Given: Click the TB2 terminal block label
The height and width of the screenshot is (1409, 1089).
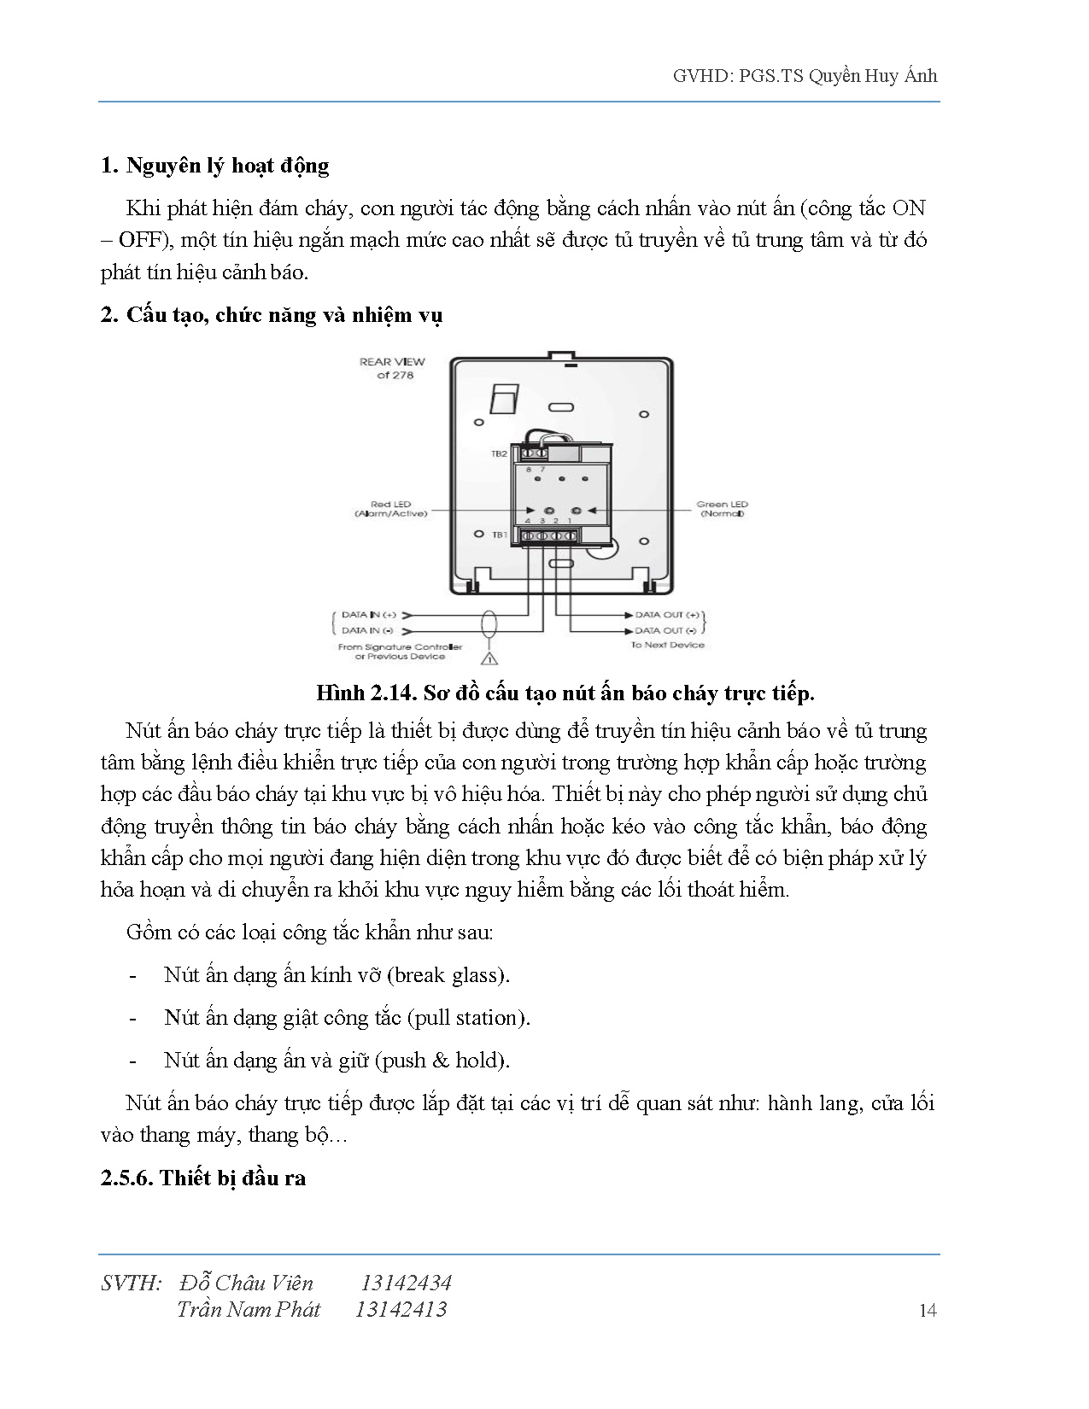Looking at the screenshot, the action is coord(499,454).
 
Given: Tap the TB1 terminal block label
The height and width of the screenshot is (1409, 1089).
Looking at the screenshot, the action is coord(500,535).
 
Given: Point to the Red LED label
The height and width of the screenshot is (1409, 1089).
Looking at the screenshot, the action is coord(390,509).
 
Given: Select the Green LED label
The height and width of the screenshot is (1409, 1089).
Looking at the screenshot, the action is coord(722,509).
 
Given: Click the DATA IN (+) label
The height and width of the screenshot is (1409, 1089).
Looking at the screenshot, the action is coord(368,615).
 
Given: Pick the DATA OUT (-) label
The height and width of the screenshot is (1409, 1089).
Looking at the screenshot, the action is coord(665,630).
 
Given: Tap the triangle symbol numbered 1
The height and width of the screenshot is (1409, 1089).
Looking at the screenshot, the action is coord(489,658).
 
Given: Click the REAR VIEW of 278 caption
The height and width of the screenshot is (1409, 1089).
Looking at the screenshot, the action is coord(392,368).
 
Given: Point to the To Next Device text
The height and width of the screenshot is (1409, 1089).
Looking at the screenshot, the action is coord(667,646).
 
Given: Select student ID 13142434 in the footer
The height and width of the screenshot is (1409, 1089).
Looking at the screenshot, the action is coord(406,1283).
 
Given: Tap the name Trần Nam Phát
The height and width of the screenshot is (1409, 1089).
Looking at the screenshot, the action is coord(249,1309).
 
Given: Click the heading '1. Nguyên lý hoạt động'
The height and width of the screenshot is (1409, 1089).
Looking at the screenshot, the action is coord(214,166).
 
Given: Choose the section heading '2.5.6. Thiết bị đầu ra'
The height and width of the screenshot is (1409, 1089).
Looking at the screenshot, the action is coord(203,1178).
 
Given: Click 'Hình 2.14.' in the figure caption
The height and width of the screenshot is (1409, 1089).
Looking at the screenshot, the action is coord(366,693).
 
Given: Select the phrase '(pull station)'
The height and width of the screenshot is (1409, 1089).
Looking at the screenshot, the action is coord(469,1018).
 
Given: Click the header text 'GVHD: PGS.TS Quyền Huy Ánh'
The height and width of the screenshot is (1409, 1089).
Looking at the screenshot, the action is coord(805,77).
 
